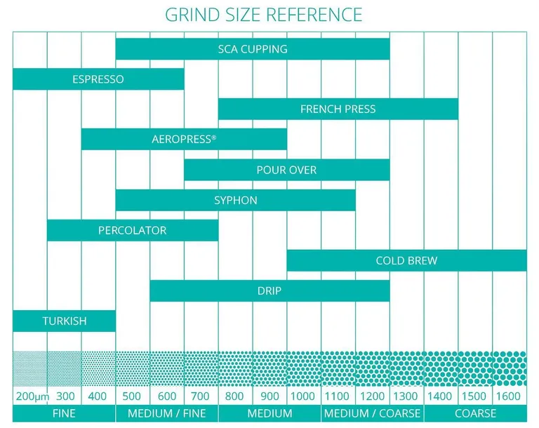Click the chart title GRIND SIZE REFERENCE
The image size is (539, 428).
tap(263, 14)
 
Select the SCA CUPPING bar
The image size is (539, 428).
tap(253, 49)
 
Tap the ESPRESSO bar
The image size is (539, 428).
tap(98, 79)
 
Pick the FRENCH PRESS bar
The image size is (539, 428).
tap(338, 109)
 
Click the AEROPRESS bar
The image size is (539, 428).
tap(184, 140)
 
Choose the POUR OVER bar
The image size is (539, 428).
tap(286, 170)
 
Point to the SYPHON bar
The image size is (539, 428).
tap(235, 200)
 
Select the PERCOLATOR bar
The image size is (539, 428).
tap(133, 230)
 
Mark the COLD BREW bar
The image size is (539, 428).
tap(406, 260)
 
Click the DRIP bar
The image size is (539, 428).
tap(269, 290)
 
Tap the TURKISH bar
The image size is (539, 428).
tap(64, 321)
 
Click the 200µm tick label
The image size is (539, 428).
tap(30, 396)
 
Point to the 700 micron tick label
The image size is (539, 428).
tap(201, 396)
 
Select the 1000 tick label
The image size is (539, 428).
tap(303, 396)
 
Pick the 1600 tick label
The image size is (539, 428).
tap(509, 396)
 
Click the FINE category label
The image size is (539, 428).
tap(64, 414)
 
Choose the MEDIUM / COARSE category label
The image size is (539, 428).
tap(372, 414)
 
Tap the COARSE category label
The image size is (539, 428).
tap(475, 414)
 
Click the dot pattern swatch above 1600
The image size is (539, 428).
tap(509, 368)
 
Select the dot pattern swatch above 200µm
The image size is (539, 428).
tap(30, 368)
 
